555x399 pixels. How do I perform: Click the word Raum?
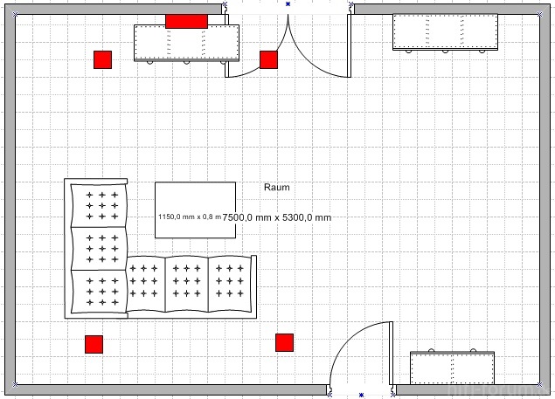click(276, 187)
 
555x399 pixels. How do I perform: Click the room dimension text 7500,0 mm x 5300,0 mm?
click(277, 217)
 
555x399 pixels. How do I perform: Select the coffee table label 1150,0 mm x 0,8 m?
click(188, 217)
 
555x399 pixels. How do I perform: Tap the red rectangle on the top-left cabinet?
click(186, 21)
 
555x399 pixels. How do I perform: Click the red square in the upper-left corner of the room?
click(103, 59)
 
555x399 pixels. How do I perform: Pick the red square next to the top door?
click(268, 59)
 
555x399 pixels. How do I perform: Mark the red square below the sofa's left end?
click(94, 344)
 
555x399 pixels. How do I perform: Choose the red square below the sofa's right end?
click(284, 342)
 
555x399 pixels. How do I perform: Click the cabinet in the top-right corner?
click(445, 33)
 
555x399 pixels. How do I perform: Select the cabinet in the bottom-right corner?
click(452, 367)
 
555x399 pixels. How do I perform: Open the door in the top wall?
click(288, 44)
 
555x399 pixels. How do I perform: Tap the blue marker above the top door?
click(288, 3)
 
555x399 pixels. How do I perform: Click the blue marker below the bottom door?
click(361, 396)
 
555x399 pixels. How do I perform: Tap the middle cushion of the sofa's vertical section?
click(97, 248)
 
